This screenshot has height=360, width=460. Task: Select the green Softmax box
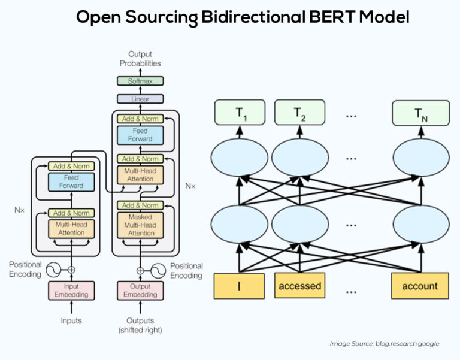(140, 81)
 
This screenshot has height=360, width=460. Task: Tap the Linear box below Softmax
(140, 99)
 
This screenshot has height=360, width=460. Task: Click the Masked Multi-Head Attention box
(140, 225)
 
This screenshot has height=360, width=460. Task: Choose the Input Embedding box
(71, 291)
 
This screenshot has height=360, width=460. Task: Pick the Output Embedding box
(140, 291)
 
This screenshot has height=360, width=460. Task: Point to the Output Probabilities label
(140, 59)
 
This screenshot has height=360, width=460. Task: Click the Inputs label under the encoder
(71, 321)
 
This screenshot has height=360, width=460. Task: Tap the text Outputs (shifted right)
(140, 325)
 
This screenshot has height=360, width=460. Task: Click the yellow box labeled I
(240, 285)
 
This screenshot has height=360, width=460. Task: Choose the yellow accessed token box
(299, 286)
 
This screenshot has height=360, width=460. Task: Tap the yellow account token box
(419, 286)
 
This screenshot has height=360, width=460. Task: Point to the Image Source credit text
(384, 344)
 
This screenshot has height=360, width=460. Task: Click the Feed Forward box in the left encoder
(71, 182)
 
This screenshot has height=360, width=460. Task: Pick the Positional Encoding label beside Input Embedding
(25, 269)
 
